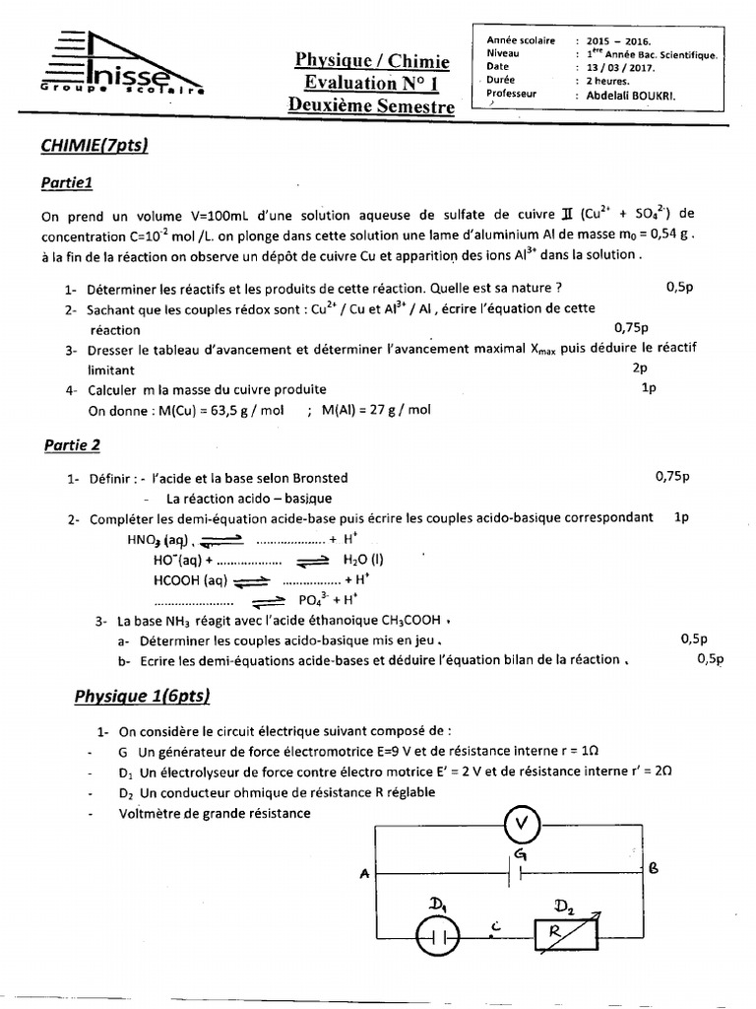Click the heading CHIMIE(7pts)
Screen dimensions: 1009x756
click(94, 146)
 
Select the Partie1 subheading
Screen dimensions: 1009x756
click(67, 182)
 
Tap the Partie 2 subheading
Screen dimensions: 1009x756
click(73, 445)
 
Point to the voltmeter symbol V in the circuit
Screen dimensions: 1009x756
click(522, 824)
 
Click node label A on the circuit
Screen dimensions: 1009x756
click(365, 872)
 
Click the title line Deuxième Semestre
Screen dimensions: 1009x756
click(372, 105)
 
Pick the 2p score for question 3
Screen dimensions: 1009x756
click(640, 368)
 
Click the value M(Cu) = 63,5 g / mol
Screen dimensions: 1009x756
click(186, 410)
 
